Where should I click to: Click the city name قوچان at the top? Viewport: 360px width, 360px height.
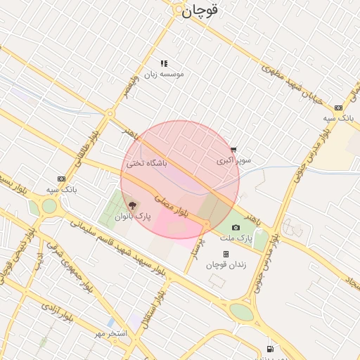(x=200, y=11)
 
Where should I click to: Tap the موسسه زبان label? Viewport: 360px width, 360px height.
(x=164, y=74)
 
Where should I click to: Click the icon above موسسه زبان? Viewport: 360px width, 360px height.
(x=164, y=63)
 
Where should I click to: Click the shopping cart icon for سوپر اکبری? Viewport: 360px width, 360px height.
(x=233, y=150)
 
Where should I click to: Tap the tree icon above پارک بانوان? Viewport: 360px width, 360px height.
(x=134, y=205)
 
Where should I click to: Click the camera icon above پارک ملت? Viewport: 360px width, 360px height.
(x=236, y=227)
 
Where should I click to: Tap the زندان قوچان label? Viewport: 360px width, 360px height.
(x=226, y=264)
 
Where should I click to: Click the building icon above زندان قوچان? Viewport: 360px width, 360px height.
(x=226, y=254)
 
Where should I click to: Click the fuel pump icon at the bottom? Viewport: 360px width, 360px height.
(x=270, y=349)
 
